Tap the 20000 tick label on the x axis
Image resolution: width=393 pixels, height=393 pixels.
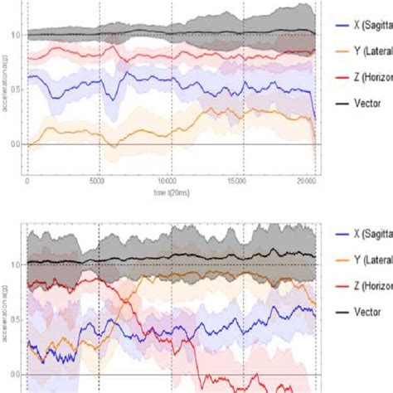pyautogui.click(x=306, y=180)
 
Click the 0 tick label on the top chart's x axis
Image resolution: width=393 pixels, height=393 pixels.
pyautogui.click(x=27, y=180)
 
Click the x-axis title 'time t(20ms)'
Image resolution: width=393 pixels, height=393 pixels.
pyautogui.click(x=170, y=189)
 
